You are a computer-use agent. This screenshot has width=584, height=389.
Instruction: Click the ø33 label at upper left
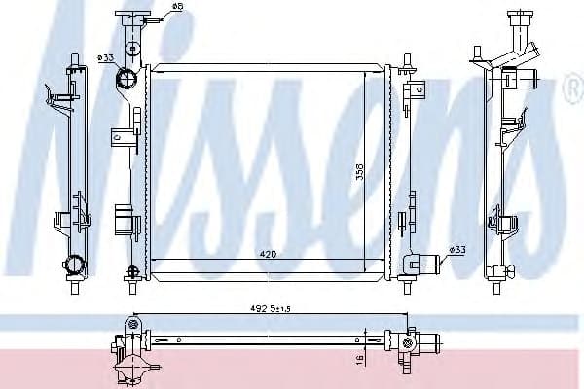107,59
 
